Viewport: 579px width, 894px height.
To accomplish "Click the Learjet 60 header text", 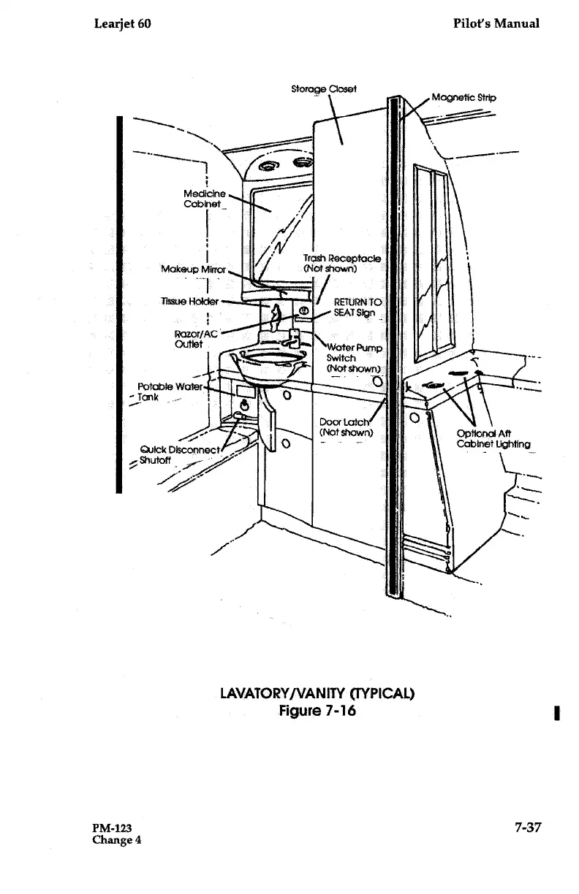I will click(x=123, y=23).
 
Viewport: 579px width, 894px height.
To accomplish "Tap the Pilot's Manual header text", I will click(x=496, y=23).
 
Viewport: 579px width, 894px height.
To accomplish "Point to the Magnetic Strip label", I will click(x=463, y=97).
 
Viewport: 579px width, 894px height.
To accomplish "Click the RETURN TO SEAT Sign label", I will click(x=357, y=307).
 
